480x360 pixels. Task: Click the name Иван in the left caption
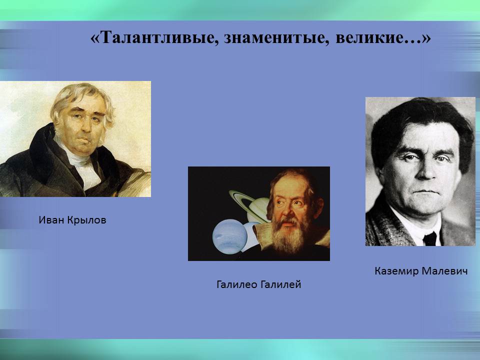[50, 219]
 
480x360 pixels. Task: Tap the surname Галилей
[282, 284]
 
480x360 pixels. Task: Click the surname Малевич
[445, 271]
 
